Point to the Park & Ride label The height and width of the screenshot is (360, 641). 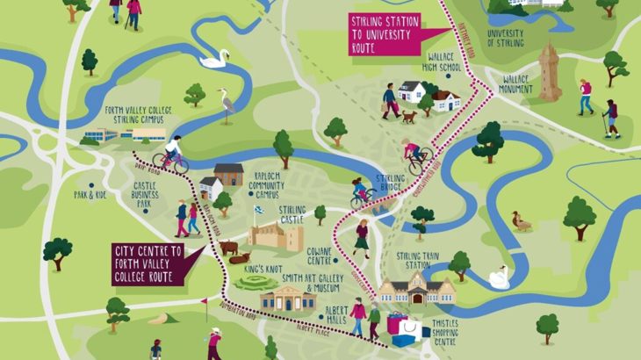[90, 194]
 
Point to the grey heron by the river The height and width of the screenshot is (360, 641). [227, 104]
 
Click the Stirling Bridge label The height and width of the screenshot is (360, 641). [390, 183]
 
